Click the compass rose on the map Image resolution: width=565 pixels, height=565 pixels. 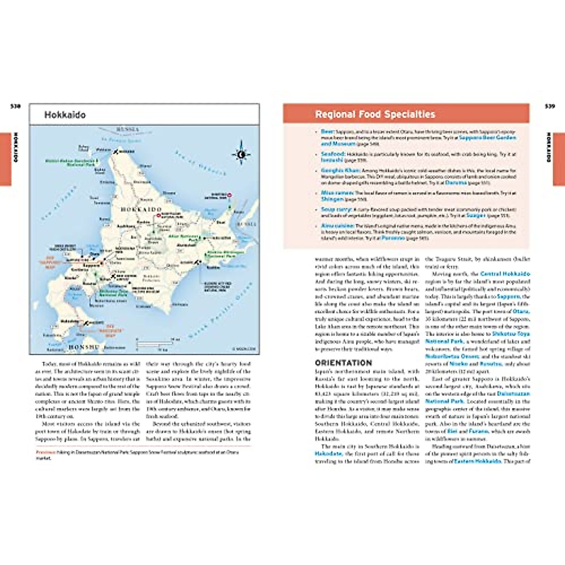[x=241, y=153]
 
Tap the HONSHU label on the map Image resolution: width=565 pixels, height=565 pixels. [x=84, y=347]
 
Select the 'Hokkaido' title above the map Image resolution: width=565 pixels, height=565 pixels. [x=65, y=115]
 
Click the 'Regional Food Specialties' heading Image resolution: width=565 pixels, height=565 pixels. [x=375, y=114]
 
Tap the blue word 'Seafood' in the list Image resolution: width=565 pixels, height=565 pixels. [x=333, y=154]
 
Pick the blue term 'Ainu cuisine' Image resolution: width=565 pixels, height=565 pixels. [x=338, y=226]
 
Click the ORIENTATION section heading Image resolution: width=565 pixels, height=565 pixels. [x=343, y=363]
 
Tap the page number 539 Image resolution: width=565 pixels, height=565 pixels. [x=549, y=106]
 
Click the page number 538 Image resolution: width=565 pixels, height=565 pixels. [x=16, y=106]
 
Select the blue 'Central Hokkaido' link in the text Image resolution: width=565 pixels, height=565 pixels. [x=505, y=274]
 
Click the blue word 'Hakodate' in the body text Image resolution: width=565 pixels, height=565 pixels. [x=328, y=454]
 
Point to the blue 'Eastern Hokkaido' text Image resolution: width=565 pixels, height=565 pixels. [x=477, y=461]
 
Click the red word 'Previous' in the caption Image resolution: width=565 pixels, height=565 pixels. [x=45, y=452]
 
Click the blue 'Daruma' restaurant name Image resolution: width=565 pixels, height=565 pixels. [x=455, y=182]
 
